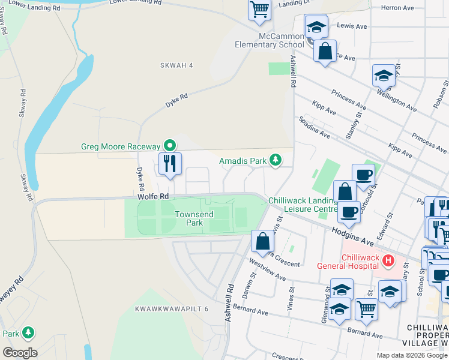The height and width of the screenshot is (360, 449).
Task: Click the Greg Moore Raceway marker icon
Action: [x=170, y=146]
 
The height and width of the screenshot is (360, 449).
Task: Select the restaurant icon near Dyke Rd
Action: [x=170, y=163]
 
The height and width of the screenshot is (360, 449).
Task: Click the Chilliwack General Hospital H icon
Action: [x=388, y=261]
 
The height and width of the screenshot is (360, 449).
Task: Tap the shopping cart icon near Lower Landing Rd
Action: [x=259, y=10]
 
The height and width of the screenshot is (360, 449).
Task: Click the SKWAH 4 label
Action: [x=176, y=65]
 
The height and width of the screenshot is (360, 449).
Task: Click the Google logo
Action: [x=20, y=353]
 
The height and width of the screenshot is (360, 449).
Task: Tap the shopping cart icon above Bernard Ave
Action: [x=367, y=310]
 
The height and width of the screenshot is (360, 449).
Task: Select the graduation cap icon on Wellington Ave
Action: [x=384, y=76]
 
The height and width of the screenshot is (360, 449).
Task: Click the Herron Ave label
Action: [x=402, y=8]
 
